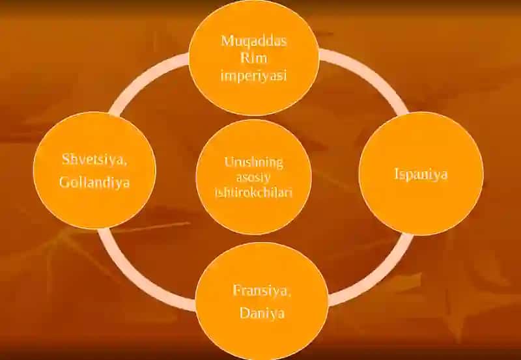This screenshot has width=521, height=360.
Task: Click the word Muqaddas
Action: point(253,42)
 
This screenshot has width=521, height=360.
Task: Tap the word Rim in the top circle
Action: point(253,58)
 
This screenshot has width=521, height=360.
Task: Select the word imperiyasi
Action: point(253,76)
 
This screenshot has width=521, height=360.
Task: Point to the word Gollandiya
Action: point(94,182)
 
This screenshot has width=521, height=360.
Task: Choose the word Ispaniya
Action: point(421,174)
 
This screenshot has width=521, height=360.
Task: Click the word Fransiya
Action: point(260,290)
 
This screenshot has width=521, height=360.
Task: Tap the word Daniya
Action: point(262,313)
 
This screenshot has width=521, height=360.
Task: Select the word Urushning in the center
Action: point(253,163)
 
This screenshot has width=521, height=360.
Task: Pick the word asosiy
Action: point(253,177)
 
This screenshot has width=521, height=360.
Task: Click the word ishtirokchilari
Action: point(253,193)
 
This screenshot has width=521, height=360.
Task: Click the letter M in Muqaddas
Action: point(227,41)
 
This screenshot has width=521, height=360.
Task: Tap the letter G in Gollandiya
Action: point(64,182)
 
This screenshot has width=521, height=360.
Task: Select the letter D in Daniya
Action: point(245,313)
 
